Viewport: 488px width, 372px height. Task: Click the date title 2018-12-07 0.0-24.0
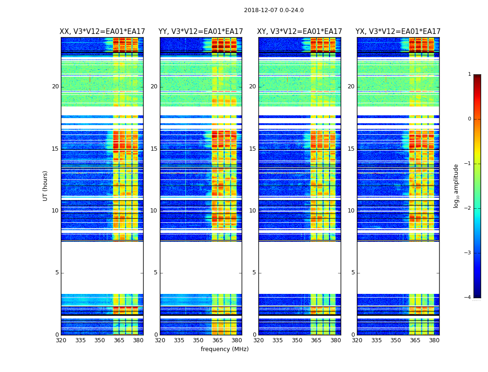click(x=274, y=10)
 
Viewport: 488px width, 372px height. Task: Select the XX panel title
click(x=102, y=32)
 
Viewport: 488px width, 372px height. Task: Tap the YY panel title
click(x=201, y=32)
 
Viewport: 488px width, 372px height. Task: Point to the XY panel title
click(x=300, y=32)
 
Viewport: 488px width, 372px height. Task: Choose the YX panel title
click(x=398, y=32)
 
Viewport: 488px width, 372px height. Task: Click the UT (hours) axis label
click(x=46, y=186)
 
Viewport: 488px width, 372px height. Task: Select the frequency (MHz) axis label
click(x=224, y=349)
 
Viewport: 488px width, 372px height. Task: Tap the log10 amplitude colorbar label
click(x=456, y=186)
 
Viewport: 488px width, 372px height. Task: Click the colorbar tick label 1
click(x=469, y=74)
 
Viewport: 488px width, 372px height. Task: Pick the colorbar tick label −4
click(x=468, y=298)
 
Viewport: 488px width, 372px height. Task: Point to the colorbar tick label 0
click(x=469, y=119)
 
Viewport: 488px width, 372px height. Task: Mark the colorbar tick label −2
click(x=468, y=208)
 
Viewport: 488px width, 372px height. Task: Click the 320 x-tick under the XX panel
click(x=61, y=340)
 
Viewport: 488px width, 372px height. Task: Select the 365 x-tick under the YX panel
click(x=415, y=340)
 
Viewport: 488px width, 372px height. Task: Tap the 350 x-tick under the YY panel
click(x=198, y=340)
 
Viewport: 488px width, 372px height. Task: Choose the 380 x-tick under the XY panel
click(x=336, y=340)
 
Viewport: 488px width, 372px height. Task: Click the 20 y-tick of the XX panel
click(x=55, y=86)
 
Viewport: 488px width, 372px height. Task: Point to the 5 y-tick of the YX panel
click(x=353, y=272)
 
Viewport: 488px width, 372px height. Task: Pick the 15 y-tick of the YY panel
click(x=154, y=149)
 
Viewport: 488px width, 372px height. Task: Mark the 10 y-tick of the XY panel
click(x=252, y=211)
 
